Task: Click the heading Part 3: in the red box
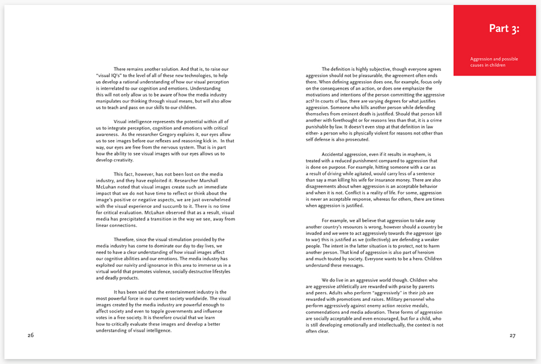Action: (x=504, y=29)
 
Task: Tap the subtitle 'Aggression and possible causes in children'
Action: (x=494, y=62)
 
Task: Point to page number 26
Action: (x=31, y=335)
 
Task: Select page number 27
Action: (x=512, y=335)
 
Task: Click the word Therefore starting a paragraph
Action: (x=126, y=239)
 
